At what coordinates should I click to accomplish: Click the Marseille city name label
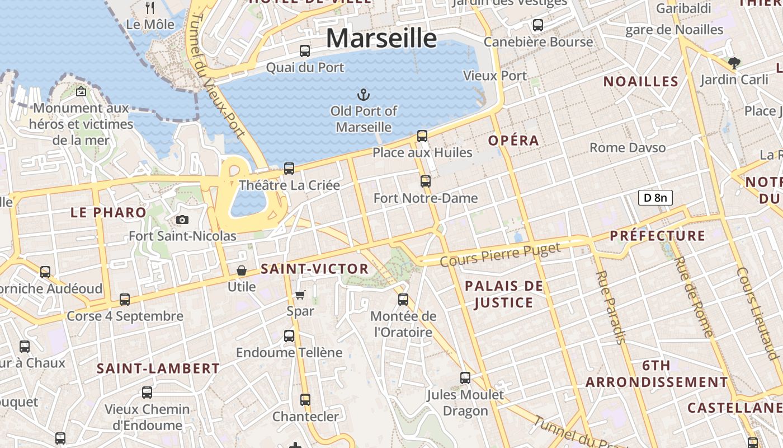(381, 38)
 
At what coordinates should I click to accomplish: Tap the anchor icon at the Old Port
(364, 94)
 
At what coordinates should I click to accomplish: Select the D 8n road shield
(655, 197)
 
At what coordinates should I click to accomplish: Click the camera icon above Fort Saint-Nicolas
(182, 220)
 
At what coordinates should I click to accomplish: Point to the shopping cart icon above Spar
(300, 295)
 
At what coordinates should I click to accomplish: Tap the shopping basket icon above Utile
(242, 271)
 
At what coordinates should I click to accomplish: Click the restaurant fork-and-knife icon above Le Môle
(150, 8)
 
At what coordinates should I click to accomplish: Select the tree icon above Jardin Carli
(734, 63)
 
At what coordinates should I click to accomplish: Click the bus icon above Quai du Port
(305, 51)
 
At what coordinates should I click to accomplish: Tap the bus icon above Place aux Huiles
(422, 136)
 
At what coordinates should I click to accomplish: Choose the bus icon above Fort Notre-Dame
(426, 181)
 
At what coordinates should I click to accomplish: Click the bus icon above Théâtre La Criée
(289, 169)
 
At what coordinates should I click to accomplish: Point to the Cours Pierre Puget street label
(500, 255)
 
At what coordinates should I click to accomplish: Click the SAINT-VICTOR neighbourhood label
(315, 269)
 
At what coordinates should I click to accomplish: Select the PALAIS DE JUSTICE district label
(504, 295)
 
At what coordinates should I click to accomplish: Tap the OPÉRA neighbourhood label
(513, 141)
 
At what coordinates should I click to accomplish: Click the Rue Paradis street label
(610, 307)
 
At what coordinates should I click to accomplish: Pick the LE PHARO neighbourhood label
(109, 213)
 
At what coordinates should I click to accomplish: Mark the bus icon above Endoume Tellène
(289, 336)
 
